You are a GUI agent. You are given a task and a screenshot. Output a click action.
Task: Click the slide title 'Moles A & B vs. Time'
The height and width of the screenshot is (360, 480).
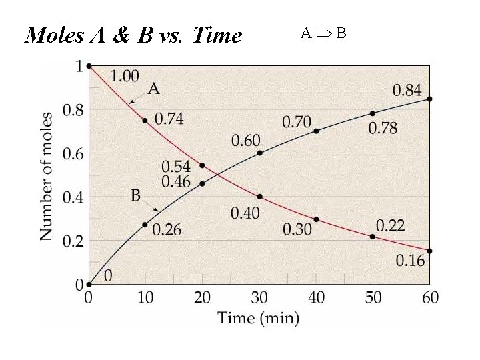click(133, 35)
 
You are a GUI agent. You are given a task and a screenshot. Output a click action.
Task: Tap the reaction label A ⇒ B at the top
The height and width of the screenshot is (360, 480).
click(323, 33)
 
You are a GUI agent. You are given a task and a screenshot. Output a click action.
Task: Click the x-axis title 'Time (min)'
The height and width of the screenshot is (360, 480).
click(259, 317)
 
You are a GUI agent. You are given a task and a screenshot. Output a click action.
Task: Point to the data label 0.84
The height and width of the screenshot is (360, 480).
click(407, 90)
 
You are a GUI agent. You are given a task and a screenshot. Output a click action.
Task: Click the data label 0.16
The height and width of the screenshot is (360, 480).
click(410, 261)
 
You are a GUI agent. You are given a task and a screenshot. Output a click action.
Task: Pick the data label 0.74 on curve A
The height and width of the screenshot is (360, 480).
click(169, 119)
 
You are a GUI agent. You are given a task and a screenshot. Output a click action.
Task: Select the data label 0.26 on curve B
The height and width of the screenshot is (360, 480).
click(167, 231)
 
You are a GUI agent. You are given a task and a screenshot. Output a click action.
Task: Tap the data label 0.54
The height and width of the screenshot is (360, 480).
click(176, 166)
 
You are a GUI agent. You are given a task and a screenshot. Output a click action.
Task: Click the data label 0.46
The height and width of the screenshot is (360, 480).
click(176, 181)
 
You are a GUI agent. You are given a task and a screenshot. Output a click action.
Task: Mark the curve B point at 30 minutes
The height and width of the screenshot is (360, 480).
click(259, 153)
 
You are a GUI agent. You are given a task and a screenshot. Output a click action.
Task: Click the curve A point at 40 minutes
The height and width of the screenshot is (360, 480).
click(316, 219)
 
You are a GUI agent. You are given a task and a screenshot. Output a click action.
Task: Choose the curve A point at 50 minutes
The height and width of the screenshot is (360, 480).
click(373, 237)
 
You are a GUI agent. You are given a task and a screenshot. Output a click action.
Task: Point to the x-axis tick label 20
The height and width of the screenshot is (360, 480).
click(202, 298)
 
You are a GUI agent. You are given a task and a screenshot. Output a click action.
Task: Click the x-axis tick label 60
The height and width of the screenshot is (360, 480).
click(429, 298)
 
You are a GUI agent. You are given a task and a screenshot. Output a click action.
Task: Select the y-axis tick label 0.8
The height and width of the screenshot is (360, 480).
click(73, 111)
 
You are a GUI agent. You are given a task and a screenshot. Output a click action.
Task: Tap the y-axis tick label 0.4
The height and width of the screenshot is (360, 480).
click(73, 198)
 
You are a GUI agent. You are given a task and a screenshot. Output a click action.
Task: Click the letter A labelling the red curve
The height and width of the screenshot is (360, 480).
click(153, 89)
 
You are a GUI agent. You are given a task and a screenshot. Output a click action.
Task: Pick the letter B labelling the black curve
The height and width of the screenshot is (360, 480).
click(136, 196)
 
